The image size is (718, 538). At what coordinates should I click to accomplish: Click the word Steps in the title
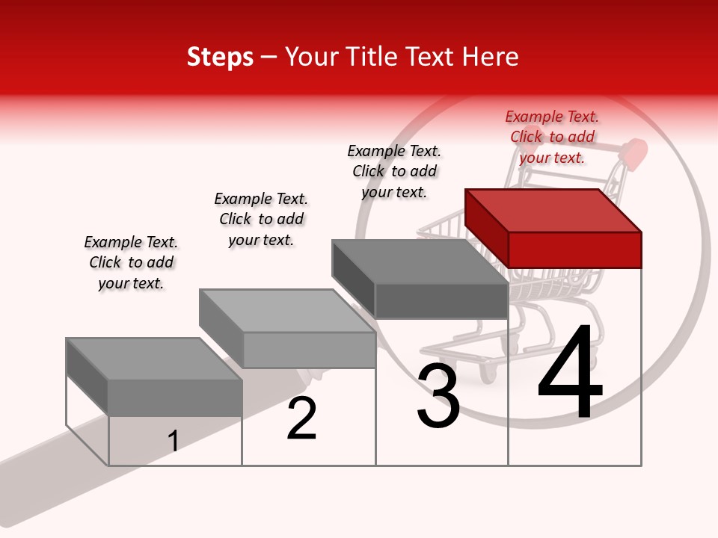pos(220,57)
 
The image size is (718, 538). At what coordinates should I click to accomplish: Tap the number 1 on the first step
pos(174,441)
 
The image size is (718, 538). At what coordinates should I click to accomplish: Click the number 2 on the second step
pos(301,418)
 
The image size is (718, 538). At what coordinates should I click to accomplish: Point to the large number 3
pos(438,397)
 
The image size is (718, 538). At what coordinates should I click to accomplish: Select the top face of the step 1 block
pos(154,358)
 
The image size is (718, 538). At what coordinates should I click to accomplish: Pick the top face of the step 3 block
pos(420,261)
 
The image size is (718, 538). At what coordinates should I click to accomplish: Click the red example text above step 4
pos(552,137)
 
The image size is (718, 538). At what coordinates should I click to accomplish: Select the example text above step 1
pos(131,262)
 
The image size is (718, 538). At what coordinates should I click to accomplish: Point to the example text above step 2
pos(261,219)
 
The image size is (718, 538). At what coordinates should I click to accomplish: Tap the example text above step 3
pos(394,171)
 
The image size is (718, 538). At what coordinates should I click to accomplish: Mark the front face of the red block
pos(574,250)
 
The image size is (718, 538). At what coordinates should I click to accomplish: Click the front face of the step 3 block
pos(441,300)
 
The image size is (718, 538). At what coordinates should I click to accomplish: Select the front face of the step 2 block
pos(309,350)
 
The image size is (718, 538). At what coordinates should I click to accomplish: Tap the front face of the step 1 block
pos(175,397)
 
